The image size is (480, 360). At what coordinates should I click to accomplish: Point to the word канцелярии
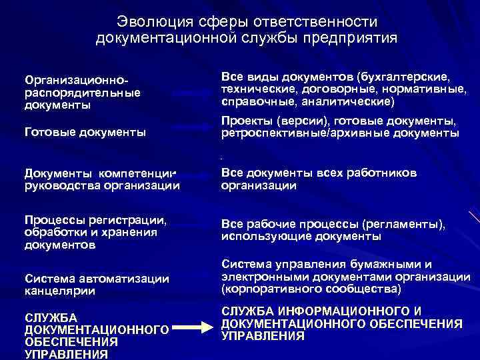(x=60, y=291)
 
